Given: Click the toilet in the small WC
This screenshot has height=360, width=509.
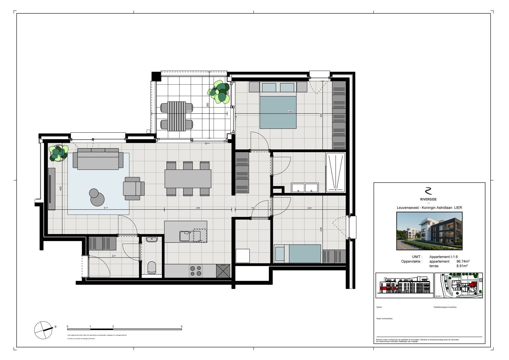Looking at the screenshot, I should click(x=152, y=267).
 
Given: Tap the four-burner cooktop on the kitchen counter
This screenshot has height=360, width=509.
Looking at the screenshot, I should click(x=195, y=270).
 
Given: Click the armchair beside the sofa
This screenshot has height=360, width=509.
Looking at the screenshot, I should click(x=134, y=188).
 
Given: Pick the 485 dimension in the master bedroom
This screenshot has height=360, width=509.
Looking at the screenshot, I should click(x=290, y=112).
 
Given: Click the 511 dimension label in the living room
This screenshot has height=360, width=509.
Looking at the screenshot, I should click(x=106, y=208).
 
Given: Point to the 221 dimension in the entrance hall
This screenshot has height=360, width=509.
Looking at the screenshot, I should click(x=114, y=256).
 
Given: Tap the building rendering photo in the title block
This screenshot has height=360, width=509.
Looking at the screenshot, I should click(x=429, y=231).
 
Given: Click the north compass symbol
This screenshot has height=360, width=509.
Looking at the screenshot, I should click(x=44, y=330).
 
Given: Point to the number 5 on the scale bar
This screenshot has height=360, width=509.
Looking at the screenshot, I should click(x=182, y=327).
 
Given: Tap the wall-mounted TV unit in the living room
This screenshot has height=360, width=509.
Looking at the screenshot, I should click(x=51, y=189).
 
